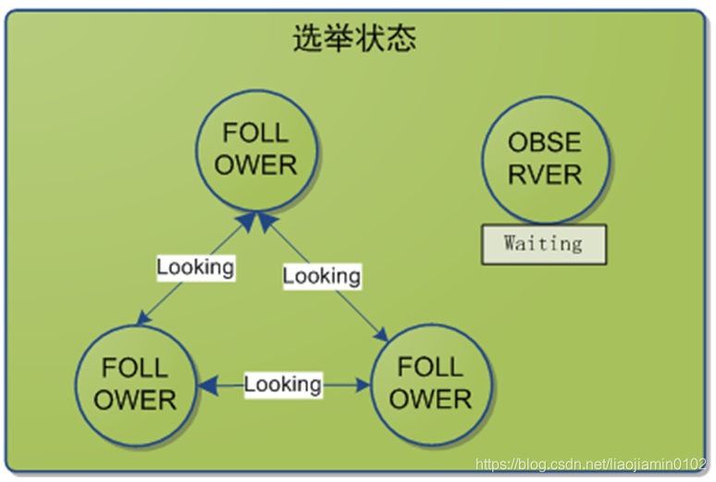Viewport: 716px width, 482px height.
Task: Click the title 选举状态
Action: (x=354, y=38)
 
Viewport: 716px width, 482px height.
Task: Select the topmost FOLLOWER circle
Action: (x=256, y=150)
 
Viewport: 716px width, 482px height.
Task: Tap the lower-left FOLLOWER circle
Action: (x=135, y=384)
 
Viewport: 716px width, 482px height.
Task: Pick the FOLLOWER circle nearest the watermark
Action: (x=430, y=383)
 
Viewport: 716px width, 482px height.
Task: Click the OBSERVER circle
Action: (x=545, y=158)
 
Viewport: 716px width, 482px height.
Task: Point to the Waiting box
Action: (x=543, y=244)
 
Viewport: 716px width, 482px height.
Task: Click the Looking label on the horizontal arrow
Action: (x=283, y=384)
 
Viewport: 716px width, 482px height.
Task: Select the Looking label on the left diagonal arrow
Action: (x=195, y=267)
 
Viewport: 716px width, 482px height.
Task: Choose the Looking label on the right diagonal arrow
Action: (x=321, y=276)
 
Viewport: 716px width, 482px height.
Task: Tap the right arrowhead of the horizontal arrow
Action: (x=363, y=384)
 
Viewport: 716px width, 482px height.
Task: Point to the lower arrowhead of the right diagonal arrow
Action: (x=381, y=334)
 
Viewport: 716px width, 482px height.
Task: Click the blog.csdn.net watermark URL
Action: (x=591, y=463)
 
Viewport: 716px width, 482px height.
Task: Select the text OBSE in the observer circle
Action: (x=545, y=142)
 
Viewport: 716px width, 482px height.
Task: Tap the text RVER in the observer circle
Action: (x=545, y=175)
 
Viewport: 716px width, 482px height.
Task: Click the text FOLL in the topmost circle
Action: (x=256, y=134)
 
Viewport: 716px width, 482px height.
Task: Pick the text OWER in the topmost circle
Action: (x=256, y=167)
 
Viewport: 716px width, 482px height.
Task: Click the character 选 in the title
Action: (x=307, y=38)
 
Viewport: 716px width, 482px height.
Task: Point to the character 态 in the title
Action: (x=401, y=38)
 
